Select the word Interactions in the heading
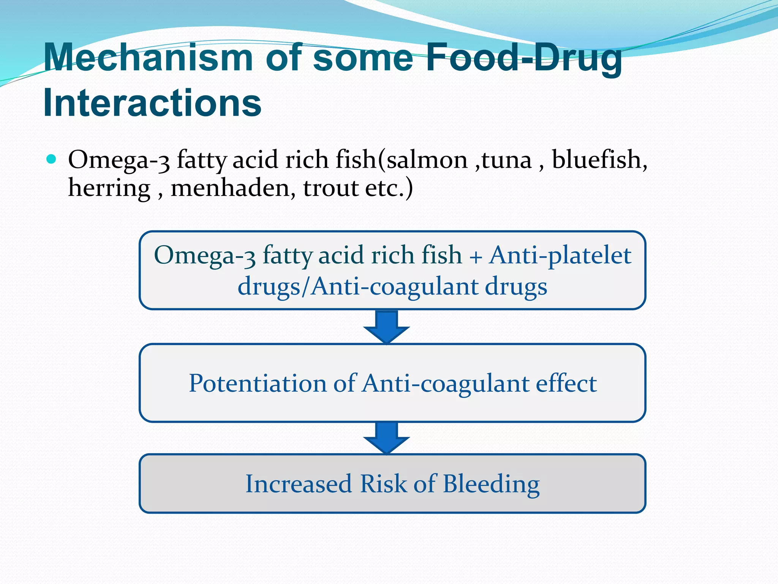(x=152, y=103)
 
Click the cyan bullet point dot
(x=51, y=159)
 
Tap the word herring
(x=109, y=188)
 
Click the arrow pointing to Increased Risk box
(x=386, y=437)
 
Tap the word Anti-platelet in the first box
(x=560, y=255)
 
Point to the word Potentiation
(x=258, y=383)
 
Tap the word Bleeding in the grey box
(x=491, y=484)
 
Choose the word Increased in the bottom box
(x=299, y=484)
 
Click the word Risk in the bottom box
(x=383, y=484)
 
